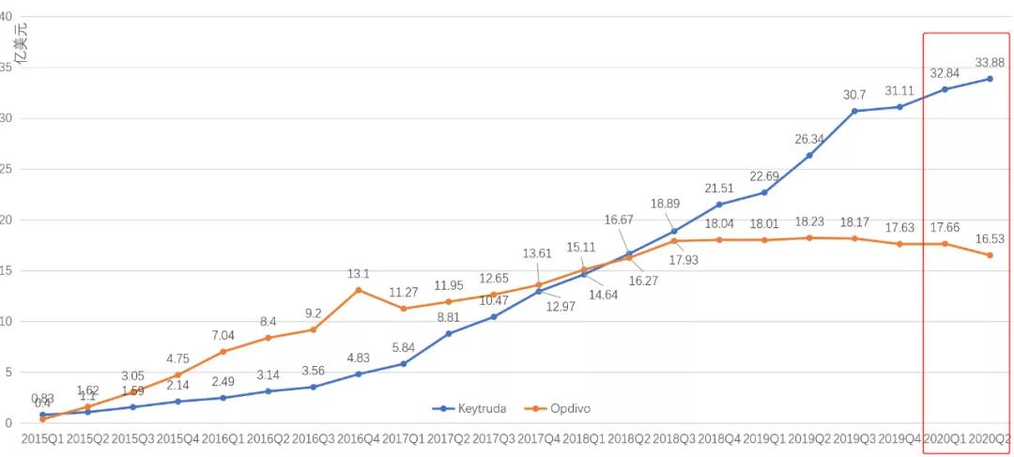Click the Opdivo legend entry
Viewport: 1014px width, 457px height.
coord(559,408)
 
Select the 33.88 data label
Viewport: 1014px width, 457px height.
coord(990,63)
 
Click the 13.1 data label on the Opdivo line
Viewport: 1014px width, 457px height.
coord(359,274)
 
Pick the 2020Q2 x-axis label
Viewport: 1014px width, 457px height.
coord(990,438)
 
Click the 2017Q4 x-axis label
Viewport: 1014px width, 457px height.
coord(539,438)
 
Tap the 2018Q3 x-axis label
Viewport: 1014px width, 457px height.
coord(674,438)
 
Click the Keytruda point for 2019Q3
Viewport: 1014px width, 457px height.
coord(854,111)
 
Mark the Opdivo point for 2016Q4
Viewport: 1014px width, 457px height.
coord(359,290)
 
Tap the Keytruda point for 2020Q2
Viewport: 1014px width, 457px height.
coord(990,79)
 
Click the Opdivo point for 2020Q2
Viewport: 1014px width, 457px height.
coord(990,255)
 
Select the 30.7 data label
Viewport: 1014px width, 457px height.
coord(854,95)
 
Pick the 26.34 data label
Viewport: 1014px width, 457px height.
coord(809,139)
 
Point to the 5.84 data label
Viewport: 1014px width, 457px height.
coord(404,348)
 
